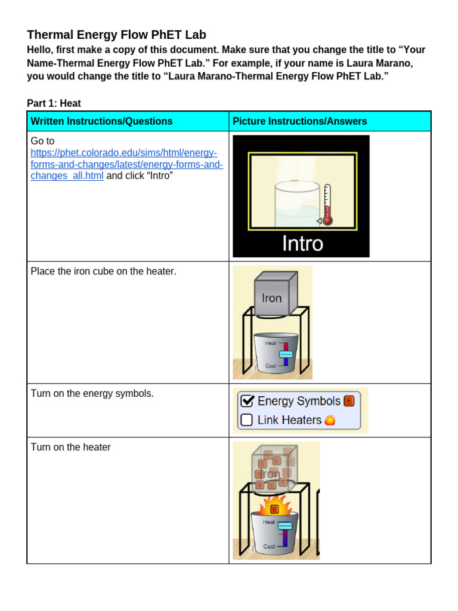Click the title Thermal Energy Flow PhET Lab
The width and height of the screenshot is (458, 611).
point(116,35)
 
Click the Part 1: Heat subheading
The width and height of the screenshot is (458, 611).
point(54,103)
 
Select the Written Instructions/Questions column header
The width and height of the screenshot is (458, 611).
point(101,121)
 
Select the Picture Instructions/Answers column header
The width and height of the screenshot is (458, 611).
point(299,121)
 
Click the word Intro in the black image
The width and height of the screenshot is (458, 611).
point(302,243)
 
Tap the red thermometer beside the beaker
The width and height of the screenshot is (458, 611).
point(326,206)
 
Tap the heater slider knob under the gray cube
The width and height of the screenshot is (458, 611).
point(286,354)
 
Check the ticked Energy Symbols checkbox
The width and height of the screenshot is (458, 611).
point(247,401)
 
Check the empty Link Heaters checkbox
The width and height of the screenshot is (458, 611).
point(246,420)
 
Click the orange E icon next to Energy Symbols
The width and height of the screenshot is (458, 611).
point(349,401)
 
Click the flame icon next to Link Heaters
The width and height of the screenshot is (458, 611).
point(330,420)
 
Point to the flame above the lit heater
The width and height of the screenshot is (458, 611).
point(274,507)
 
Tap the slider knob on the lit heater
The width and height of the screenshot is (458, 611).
point(285,526)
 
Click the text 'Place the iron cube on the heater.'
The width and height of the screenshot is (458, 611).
point(103,271)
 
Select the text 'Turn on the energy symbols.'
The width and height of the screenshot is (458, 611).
point(92,394)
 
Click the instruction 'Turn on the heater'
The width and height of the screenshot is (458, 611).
point(70,447)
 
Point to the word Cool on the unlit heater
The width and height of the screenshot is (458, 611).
point(271,365)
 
